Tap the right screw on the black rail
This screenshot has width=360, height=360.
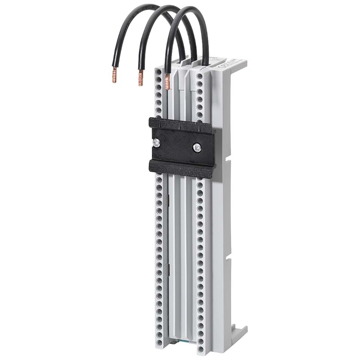pyautogui.click(x=197, y=147)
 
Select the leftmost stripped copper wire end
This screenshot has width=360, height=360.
pyautogui.click(x=114, y=75)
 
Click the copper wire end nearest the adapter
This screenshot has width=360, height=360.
pyautogui.click(x=167, y=82)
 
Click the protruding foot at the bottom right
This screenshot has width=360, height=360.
pyautogui.click(x=238, y=333)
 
